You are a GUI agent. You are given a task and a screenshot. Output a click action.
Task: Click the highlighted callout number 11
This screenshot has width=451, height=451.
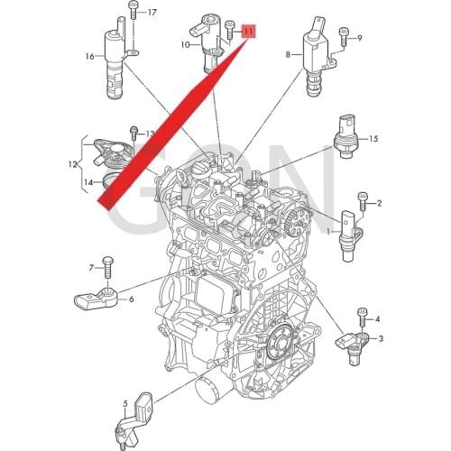pyautogui.click(x=249, y=30)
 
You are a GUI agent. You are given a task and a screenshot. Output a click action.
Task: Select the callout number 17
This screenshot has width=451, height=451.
pyautogui.click(x=152, y=13)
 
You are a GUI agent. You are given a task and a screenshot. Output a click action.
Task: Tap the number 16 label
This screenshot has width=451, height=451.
pyautogui.click(x=89, y=56)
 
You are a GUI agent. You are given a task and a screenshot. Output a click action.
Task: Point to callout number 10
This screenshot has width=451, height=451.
pyautogui.click(x=184, y=43)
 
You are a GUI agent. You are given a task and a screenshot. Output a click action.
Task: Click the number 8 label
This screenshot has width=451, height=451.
pyautogui.click(x=289, y=55)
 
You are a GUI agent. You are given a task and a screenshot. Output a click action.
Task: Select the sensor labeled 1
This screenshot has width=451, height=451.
pyautogui.click(x=350, y=233)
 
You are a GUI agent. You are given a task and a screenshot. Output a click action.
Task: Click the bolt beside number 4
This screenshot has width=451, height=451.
pyautogui.click(x=362, y=316)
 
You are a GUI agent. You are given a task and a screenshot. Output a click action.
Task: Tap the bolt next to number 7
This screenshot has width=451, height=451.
pyautogui.click(x=107, y=265)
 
